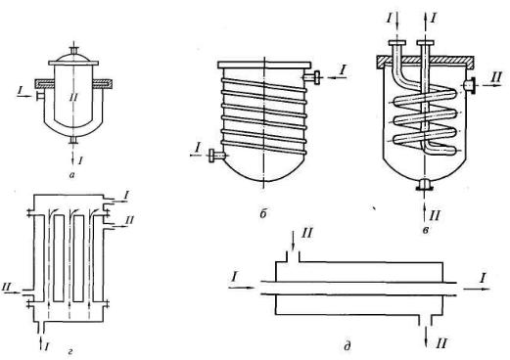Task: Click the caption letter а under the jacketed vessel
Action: click(x=72, y=175)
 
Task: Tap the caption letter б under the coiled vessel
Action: click(x=263, y=214)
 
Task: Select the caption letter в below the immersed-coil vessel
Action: click(x=425, y=231)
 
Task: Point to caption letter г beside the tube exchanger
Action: click(x=71, y=351)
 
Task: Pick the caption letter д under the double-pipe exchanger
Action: click(x=348, y=345)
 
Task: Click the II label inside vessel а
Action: click(x=72, y=97)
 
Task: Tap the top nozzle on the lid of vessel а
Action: click(x=74, y=51)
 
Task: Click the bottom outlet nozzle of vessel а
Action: click(x=74, y=140)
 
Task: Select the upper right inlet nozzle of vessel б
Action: click(x=312, y=77)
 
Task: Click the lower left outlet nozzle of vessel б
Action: click(x=216, y=156)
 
